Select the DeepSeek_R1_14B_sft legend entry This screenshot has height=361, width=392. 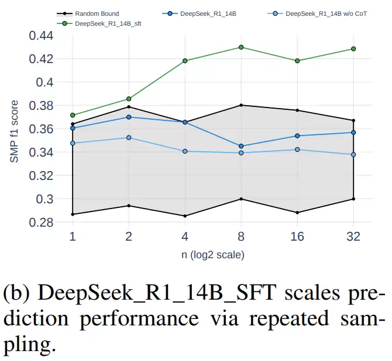tap(105, 23)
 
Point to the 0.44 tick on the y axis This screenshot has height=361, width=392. tap(41, 36)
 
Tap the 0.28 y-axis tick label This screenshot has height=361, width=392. tap(41, 223)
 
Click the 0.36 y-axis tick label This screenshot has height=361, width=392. tap(41, 129)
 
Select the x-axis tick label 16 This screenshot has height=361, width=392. tap(297, 237)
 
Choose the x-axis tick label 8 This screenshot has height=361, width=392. tap(241, 237)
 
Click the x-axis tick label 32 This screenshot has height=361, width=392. tap(353, 237)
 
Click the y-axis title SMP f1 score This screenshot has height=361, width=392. tap(15, 131)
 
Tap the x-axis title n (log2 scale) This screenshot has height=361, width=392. tap(212, 255)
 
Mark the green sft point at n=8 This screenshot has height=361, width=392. tap(241, 47)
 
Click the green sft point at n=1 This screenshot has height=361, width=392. tap(73, 115)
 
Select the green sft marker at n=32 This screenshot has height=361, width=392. tap(353, 49)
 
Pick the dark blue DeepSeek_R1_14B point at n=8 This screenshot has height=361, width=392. tap(241, 146)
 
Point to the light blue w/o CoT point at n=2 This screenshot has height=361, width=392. tap(129, 138)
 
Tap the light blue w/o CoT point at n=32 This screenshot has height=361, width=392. tap(353, 155)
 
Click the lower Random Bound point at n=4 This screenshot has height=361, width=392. tap(185, 216)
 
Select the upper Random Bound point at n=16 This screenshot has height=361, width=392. tap(297, 110)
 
